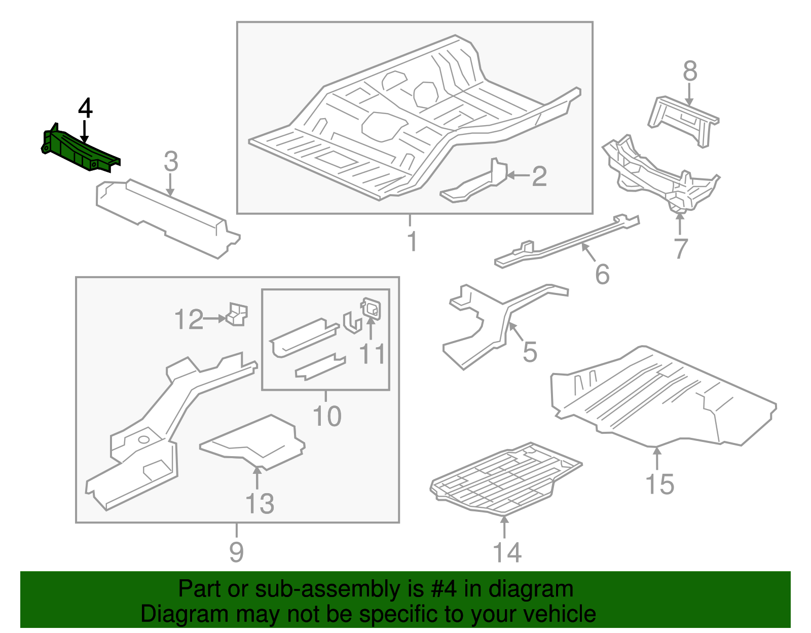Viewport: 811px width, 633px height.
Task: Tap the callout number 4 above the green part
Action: pyautogui.click(x=85, y=108)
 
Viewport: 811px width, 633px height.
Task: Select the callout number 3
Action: pyautogui.click(x=171, y=162)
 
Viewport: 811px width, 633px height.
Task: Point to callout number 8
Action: pyautogui.click(x=690, y=71)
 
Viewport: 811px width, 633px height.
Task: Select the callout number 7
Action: pyautogui.click(x=681, y=248)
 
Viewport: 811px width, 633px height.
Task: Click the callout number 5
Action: pyautogui.click(x=530, y=352)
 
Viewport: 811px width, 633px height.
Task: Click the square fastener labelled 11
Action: pyautogui.click(x=371, y=308)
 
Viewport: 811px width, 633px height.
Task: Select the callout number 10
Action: pyautogui.click(x=327, y=416)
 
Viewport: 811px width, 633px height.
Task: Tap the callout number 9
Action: pyautogui.click(x=236, y=551)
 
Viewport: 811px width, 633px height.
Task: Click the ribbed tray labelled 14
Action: pyautogui.click(x=504, y=479)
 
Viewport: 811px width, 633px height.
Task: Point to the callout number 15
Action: pyautogui.click(x=659, y=484)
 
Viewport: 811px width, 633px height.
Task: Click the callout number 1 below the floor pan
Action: pyautogui.click(x=412, y=241)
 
